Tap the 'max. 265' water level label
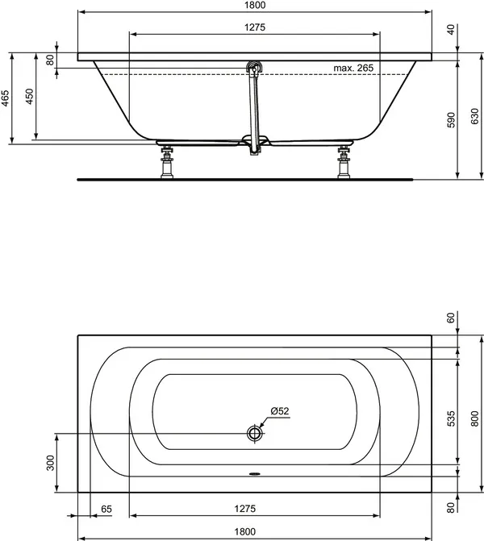pyautogui.click(x=353, y=68)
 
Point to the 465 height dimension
pyautogui.click(x=6, y=99)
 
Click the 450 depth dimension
pyautogui.click(x=30, y=97)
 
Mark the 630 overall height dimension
pyautogui.click(x=474, y=119)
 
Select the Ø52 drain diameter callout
pyautogui.click(x=280, y=411)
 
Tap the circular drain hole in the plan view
pyautogui.click(x=256, y=433)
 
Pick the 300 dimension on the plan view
pyautogui.click(x=50, y=463)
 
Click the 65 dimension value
pyautogui.click(x=106, y=509)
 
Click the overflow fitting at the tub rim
pyautogui.click(x=256, y=69)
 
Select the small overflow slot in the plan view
pyautogui.click(x=256, y=474)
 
